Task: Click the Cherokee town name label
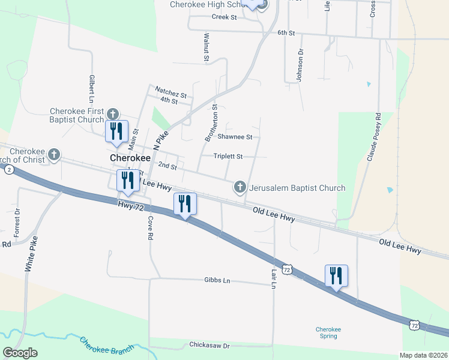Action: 130,157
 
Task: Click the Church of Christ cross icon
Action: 54,155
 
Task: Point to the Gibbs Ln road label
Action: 217,280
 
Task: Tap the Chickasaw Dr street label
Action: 209,346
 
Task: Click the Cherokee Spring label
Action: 328,332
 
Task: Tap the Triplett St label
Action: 228,157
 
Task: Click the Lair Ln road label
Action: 273,278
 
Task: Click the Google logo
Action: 20,352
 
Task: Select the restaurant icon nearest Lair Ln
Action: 337,276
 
